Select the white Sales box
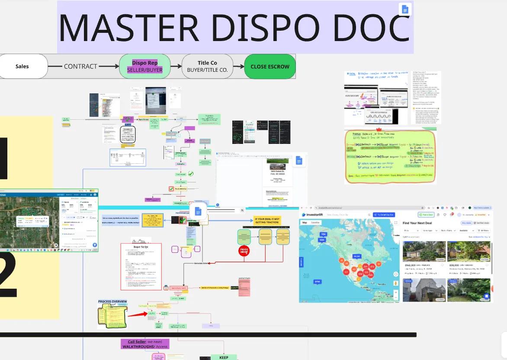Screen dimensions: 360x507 pyautogui.click(x=22, y=66)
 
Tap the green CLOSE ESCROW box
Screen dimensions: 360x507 pyautogui.click(x=270, y=67)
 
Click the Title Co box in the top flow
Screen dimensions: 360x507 pyautogui.click(x=207, y=66)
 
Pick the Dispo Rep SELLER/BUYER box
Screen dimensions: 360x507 pyautogui.click(x=144, y=66)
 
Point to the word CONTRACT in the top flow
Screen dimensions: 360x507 pyautogui.click(x=80, y=67)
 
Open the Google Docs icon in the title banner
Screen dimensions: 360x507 pyautogui.click(x=405, y=9)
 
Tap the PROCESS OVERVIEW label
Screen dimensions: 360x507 pyautogui.click(x=113, y=301)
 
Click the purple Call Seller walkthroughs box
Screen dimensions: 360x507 pyautogui.click(x=145, y=344)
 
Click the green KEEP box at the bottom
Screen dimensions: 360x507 pyautogui.click(x=224, y=357)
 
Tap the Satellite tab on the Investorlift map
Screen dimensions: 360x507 pyautogui.click(x=316, y=223)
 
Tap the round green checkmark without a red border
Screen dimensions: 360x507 pyautogui.click(x=190, y=174)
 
